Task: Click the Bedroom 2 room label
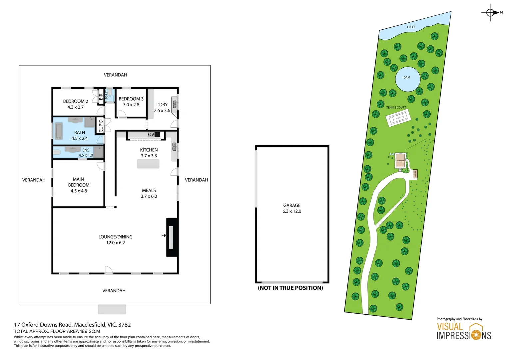pyautogui.click(x=76, y=101)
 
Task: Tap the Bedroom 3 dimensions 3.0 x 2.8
pyautogui.click(x=131, y=105)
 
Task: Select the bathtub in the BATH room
pyautogui.click(x=59, y=131)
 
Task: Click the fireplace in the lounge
pyautogui.click(x=171, y=237)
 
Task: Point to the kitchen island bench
pyautogui.click(x=148, y=164)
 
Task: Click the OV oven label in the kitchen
pyautogui.click(x=151, y=134)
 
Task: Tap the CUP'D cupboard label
pyautogui.click(x=101, y=126)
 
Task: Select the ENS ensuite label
pyautogui.click(x=86, y=150)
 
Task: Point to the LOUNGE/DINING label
pyautogui.click(x=115, y=237)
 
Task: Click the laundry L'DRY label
pyautogui.click(x=162, y=105)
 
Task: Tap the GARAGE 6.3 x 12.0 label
pyautogui.click(x=292, y=208)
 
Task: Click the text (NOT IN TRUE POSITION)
pyautogui.click(x=290, y=288)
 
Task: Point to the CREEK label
pyautogui.click(x=411, y=27)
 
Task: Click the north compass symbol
pyautogui.click(x=490, y=13)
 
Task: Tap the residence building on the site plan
pyautogui.click(x=400, y=161)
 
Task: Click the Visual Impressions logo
pyautogui.click(x=464, y=331)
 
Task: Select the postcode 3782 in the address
pyautogui.click(x=124, y=325)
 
